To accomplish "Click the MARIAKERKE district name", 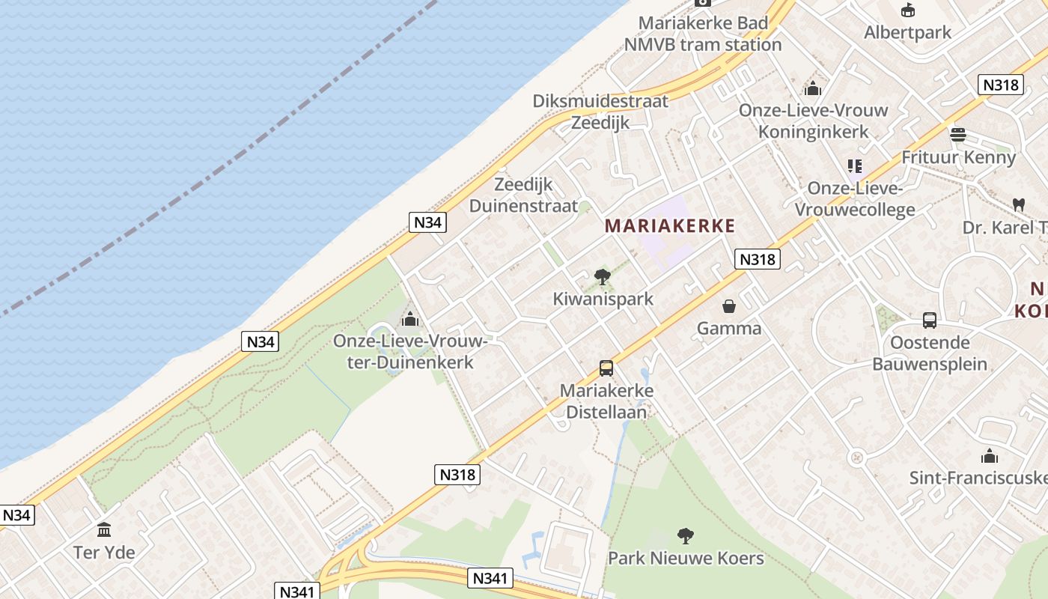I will (670, 225).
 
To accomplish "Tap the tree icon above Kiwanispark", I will (602, 277).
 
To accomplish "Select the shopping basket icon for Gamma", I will (728, 306).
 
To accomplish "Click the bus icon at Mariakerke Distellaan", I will (606, 368).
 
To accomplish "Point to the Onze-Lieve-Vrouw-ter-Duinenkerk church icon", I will (409, 320).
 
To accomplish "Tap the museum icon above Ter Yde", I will (104, 530).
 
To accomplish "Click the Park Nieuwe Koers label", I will (686, 558).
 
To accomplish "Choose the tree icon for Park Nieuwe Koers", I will (685, 535).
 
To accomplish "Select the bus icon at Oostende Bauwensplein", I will (930, 320).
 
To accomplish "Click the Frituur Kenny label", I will (958, 157).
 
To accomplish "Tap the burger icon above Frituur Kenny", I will (958, 135).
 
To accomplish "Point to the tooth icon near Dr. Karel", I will (1018, 204).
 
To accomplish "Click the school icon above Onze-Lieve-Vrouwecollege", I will (855, 165).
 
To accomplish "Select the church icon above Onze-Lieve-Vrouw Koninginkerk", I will (813, 88).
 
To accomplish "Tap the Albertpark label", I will (907, 32).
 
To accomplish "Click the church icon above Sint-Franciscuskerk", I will (990, 456).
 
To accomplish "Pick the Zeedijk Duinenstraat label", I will (523, 195).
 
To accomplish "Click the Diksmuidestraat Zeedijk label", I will (600, 112).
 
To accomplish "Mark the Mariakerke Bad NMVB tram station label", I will (703, 34).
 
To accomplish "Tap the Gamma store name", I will (729, 328).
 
